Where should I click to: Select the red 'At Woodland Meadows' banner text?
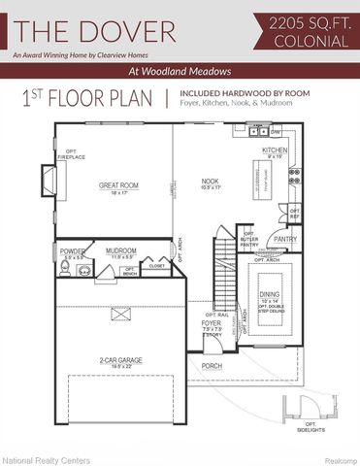coord(180,71)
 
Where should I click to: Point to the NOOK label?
coord(210,181)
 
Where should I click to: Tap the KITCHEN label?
coord(275,150)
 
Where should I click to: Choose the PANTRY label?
coord(285,238)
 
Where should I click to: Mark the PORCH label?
coord(213,366)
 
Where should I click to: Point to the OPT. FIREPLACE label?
coord(71,154)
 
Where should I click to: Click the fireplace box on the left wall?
coord(47,182)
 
